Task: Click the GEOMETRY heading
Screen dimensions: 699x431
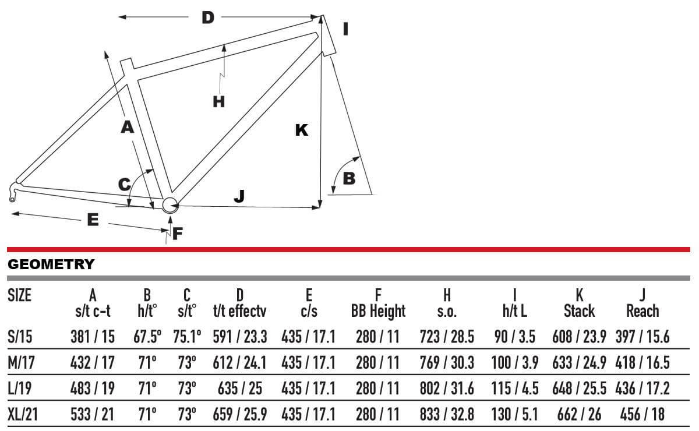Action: coord(51,264)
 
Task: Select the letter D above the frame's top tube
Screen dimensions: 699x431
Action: coord(208,17)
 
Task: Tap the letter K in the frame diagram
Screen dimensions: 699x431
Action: coord(302,130)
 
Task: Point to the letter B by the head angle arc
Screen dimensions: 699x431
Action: coord(349,179)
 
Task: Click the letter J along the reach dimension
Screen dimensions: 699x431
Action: coord(239,196)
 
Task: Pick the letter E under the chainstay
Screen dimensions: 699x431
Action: coord(93,220)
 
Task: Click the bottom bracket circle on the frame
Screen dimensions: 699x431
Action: coord(170,206)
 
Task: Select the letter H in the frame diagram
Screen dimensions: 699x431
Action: coord(218,102)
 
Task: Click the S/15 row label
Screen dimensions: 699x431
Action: coord(20,337)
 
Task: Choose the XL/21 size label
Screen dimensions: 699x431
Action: coord(23,415)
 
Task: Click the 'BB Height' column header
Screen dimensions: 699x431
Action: coord(378,311)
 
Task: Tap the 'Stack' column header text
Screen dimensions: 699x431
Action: coord(579,311)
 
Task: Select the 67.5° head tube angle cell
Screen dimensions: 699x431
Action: coord(147,337)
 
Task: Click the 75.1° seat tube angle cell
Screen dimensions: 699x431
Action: coord(187,337)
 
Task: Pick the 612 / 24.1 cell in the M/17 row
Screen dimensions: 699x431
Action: coord(239,363)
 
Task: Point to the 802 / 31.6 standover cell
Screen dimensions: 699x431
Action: coord(447,388)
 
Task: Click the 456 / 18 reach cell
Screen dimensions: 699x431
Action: coord(642,415)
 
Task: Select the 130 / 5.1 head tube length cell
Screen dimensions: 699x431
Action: coord(515,415)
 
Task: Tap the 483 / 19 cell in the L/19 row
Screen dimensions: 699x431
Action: coord(93,388)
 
